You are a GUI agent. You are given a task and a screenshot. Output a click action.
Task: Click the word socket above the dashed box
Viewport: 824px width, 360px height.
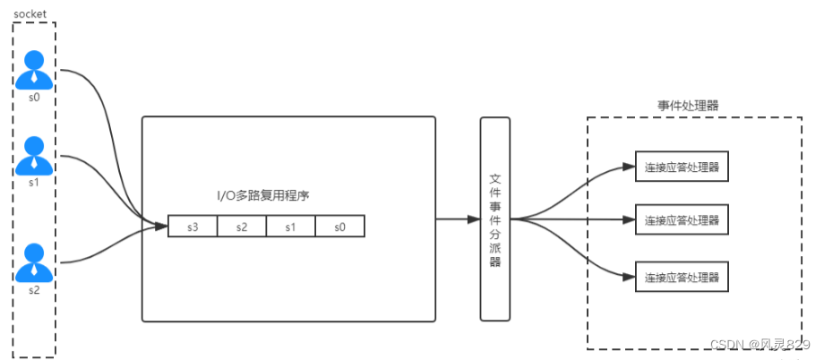pos(30,13)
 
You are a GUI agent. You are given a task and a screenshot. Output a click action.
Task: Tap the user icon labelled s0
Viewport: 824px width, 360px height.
pos(34,69)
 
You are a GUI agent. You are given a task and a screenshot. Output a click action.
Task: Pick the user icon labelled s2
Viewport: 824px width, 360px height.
pos(34,261)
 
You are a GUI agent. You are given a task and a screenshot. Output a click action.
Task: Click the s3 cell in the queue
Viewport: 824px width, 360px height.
pos(193,227)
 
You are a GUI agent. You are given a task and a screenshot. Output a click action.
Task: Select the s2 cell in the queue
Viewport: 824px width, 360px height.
pos(242,227)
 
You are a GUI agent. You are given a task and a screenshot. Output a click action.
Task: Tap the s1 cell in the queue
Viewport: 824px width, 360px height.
pos(291,227)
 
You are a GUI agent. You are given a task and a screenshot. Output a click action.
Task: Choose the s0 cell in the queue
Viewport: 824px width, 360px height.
pos(340,227)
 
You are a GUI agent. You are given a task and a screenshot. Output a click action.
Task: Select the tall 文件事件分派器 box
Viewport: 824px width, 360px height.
pos(494,219)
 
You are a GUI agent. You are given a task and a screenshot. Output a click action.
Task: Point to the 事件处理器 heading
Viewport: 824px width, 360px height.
pos(687,105)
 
